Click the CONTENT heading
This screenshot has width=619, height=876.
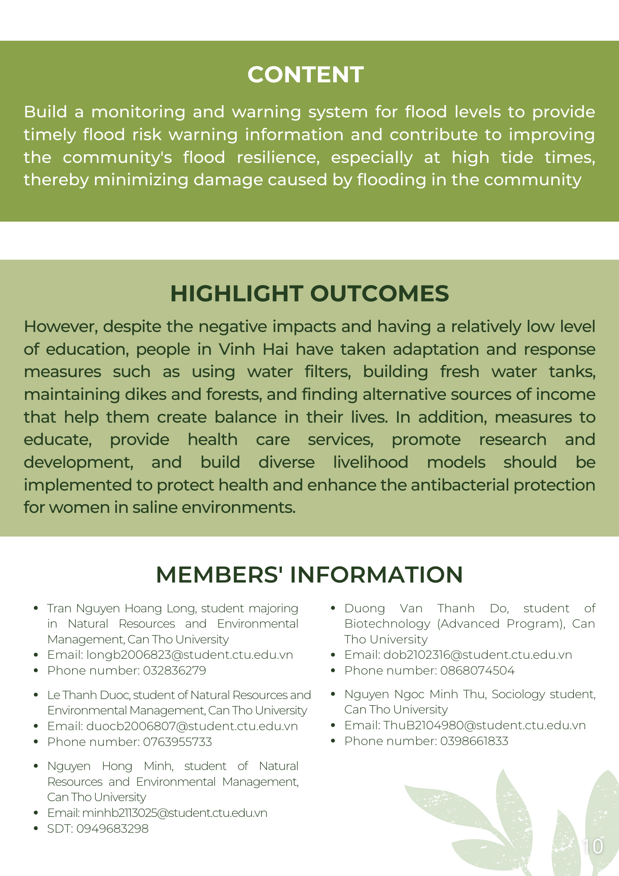306,74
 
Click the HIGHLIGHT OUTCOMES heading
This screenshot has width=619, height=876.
309,293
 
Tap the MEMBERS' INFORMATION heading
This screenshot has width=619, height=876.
309,575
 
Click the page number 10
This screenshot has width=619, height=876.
593,846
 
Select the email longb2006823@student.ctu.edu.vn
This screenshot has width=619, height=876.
190,655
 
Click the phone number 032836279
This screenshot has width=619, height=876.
174,671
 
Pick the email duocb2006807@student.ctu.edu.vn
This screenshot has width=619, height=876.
192,726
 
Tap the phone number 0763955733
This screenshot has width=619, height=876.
177,742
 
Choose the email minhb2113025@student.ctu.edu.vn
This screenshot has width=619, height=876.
174,813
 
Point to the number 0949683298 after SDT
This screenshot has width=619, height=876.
112,829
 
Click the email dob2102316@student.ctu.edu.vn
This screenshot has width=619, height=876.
477,655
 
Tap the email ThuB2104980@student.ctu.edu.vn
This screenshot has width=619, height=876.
484,725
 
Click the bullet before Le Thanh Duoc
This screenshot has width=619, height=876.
36,695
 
